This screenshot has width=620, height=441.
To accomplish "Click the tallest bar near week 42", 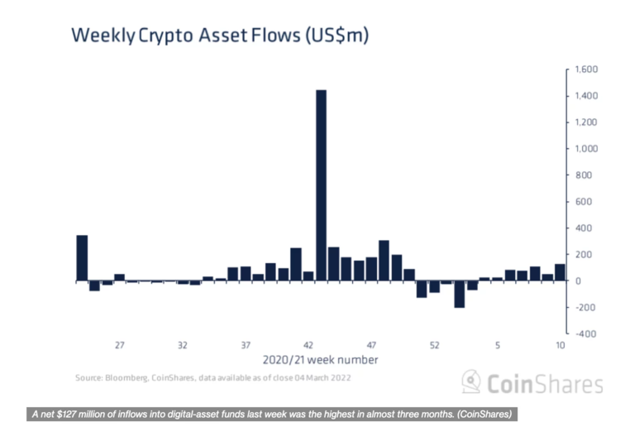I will pyautogui.click(x=321, y=185).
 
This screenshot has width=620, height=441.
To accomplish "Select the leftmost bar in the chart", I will pyautogui.click(x=82, y=258).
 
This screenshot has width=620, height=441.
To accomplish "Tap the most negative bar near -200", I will pyautogui.click(x=460, y=295).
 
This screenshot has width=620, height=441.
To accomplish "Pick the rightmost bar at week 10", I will pyautogui.click(x=560, y=273).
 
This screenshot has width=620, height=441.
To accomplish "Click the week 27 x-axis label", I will pyautogui.click(x=120, y=345).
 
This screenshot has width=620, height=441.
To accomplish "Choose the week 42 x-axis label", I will pyautogui.click(x=308, y=345).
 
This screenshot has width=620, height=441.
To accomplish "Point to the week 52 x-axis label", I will pyautogui.click(x=435, y=345).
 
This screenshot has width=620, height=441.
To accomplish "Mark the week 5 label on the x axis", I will pyautogui.click(x=498, y=345).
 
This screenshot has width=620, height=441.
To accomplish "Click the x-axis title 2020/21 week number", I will pyautogui.click(x=321, y=360).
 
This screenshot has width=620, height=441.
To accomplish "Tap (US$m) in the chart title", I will pyautogui.click(x=330, y=36).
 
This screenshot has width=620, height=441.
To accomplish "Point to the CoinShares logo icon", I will pyautogui.click(x=471, y=382).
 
